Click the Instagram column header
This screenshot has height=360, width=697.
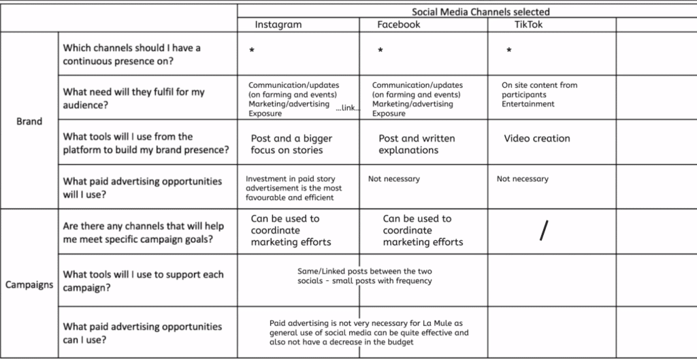pos(278,24)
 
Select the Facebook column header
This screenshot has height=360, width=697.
pos(399,24)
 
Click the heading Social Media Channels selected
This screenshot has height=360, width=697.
pos(481,12)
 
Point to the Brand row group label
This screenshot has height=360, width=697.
pos(29,122)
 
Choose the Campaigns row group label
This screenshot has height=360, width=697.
pos(29,284)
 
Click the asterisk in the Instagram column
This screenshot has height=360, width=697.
pos(252,51)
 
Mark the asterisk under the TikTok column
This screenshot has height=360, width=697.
pos(509,51)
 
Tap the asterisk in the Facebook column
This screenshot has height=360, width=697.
pos(380,51)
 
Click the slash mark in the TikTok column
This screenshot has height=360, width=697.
pos(542,231)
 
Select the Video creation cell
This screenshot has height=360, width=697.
pos(537,138)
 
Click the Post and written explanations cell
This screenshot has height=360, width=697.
pos(417,144)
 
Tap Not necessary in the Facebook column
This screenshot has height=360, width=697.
pos(394,179)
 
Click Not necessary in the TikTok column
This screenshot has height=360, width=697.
pos(522,179)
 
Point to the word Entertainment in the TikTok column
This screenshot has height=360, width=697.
pos(528,104)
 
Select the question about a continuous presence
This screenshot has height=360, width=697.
pos(131,54)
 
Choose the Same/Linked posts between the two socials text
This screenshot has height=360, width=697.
pos(365,276)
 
